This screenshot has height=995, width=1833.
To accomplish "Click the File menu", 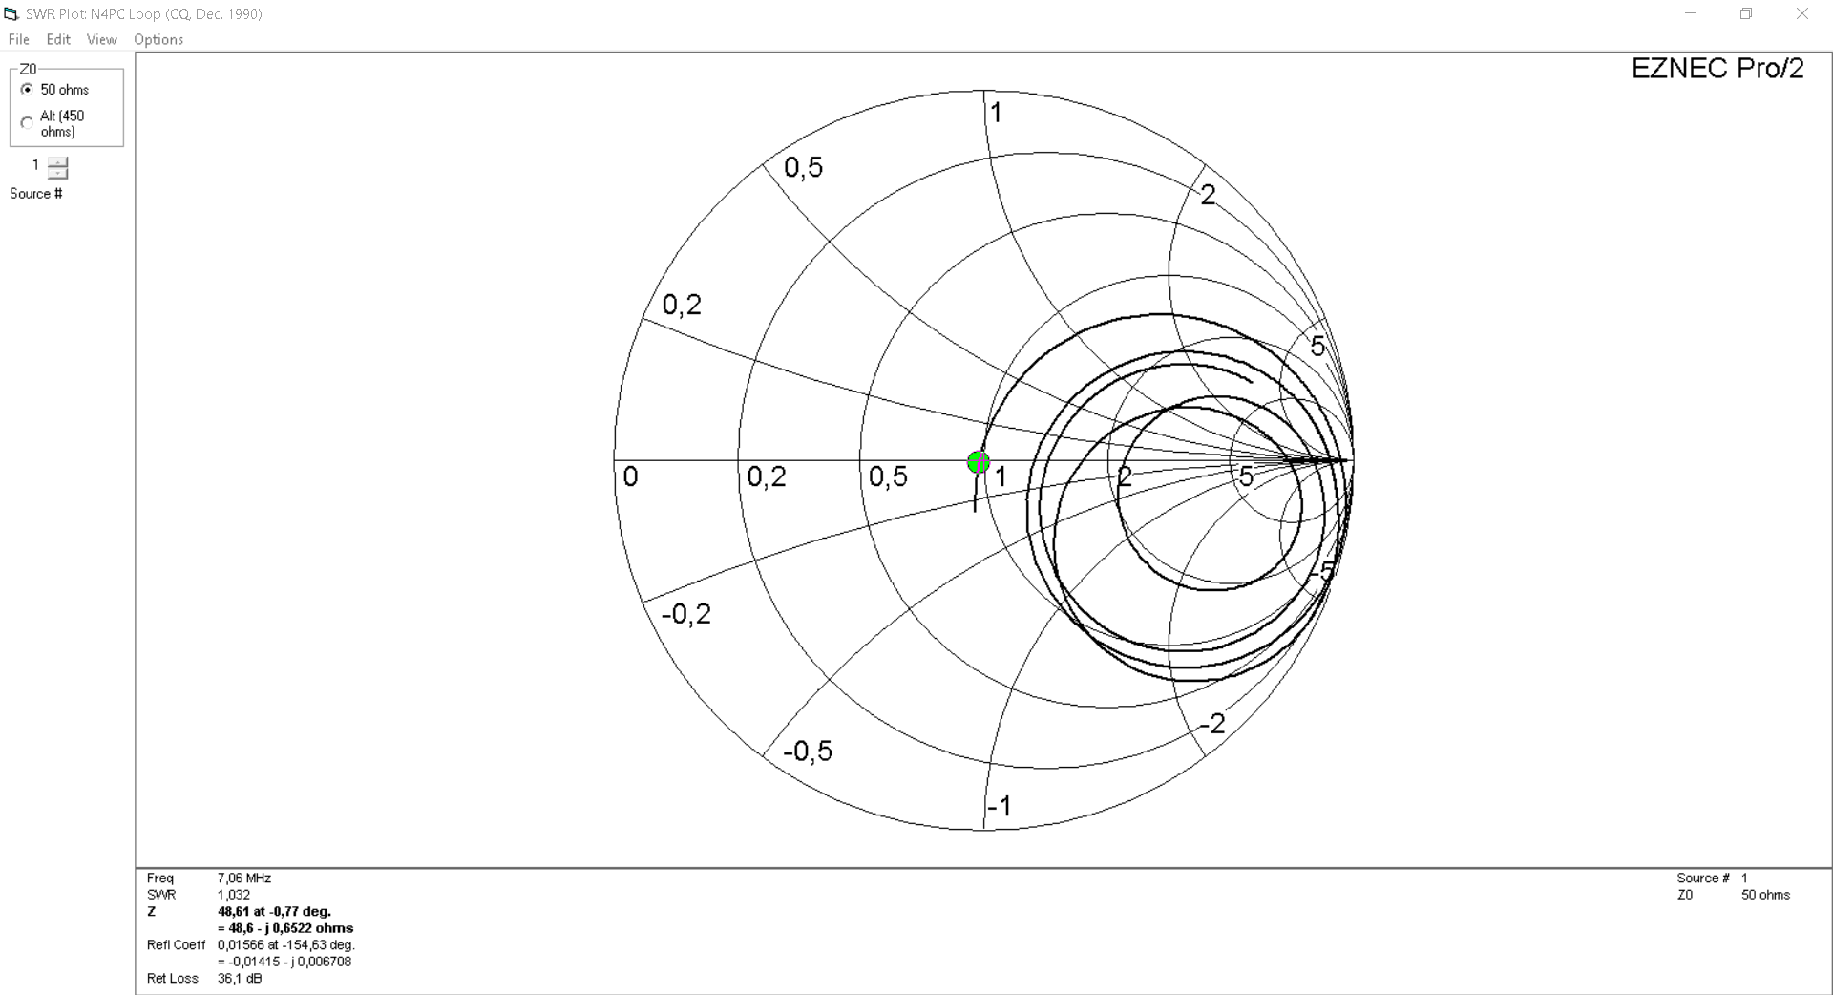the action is pos(19,39).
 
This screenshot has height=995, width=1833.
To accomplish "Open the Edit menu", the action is pos(58,39).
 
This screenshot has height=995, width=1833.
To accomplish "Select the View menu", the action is pos(101,39).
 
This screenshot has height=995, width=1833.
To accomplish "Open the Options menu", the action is pos(158,39).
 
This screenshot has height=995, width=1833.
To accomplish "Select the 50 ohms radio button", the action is pos(27,90).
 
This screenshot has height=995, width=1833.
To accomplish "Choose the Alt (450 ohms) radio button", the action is pos(27,123).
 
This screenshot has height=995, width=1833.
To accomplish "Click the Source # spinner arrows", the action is pos(58,167).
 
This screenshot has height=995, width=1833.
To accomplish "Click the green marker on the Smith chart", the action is pos(979,463).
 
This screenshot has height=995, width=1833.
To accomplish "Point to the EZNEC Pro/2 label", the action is pos(1717,69).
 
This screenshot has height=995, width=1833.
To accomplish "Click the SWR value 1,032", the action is pos(234,895).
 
